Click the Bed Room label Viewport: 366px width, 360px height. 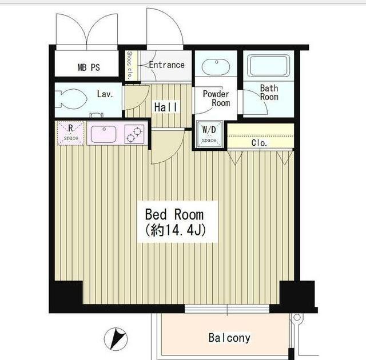tap(174, 214)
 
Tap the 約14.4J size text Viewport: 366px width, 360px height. tap(176, 230)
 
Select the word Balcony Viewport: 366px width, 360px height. tap(229, 338)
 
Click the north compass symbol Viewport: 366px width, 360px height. tap(116, 339)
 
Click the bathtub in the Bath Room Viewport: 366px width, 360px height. tap(268, 66)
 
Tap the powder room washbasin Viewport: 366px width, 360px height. tap(216, 67)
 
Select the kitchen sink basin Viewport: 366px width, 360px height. tap(104, 134)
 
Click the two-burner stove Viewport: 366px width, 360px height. tap(134, 134)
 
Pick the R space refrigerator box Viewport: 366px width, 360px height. tap(70, 133)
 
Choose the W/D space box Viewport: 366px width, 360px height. tap(209, 134)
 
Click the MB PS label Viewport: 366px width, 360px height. tap(89, 67)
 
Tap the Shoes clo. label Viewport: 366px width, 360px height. tap(129, 65)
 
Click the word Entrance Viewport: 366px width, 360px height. tap(166, 65)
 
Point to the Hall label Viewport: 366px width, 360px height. tap(166, 107)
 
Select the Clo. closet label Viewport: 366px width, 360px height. tap(259, 143)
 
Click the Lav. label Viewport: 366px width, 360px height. tap(105, 94)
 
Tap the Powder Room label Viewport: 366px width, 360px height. tap(216, 98)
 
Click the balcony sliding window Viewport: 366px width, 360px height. tap(227, 309)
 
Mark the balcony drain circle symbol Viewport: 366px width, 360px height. tap(297, 317)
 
